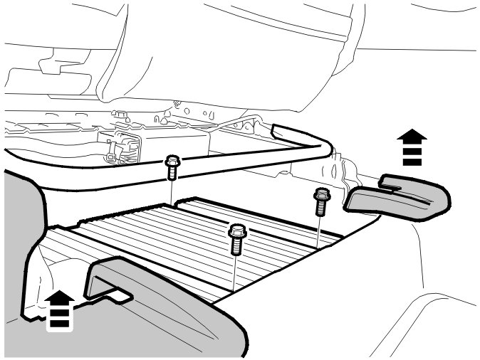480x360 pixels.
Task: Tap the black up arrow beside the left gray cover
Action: tap(61, 309)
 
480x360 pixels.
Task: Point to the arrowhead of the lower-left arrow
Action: tap(61, 295)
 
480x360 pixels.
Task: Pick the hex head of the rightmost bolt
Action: tap(321, 192)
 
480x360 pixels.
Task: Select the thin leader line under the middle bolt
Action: tap(234, 274)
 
